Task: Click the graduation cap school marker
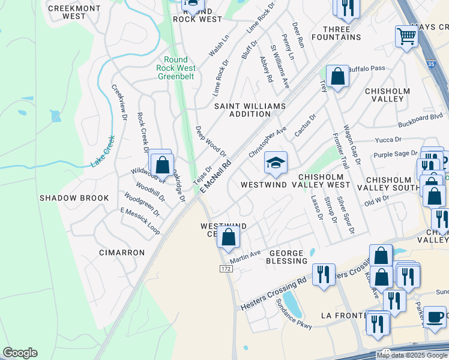(x=276, y=163)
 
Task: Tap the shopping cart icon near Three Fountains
(x=406, y=36)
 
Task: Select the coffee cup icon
(x=435, y=316)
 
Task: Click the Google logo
(x=20, y=353)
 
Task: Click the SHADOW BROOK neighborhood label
(x=74, y=198)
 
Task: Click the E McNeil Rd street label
(x=215, y=176)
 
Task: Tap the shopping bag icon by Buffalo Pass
(x=337, y=77)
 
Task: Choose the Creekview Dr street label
(x=119, y=102)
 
